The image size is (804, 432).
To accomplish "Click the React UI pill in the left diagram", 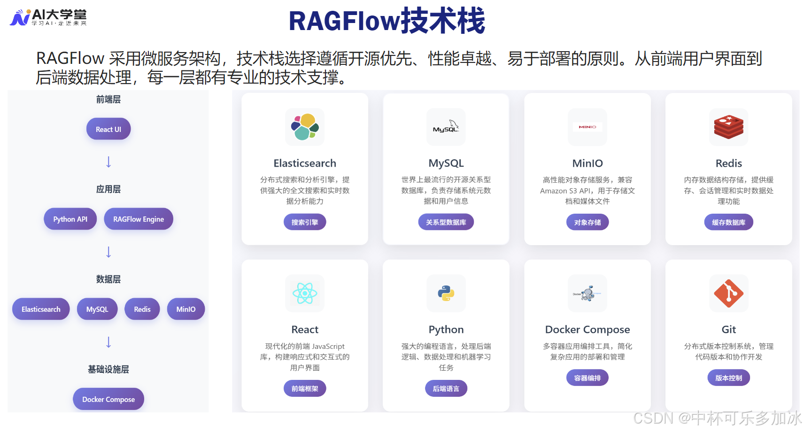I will (x=108, y=129).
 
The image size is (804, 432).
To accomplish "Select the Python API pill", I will (x=70, y=219).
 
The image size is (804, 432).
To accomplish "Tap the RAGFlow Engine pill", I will (x=139, y=219).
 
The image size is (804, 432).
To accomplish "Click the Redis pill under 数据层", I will (x=142, y=309).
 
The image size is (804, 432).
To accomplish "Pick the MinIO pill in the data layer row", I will (x=186, y=309).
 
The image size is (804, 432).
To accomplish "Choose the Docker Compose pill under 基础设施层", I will (x=108, y=400).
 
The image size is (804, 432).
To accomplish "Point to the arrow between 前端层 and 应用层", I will (x=108, y=162).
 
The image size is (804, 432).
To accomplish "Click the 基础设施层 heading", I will (x=108, y=370).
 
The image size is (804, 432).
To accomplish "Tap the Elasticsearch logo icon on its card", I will (x=305, y=127).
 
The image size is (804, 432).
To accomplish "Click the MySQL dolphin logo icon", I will (x=446, y=127).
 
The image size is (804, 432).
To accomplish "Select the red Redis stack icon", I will (x=728, y=127).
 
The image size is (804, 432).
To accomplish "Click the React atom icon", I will (x=305, y=293).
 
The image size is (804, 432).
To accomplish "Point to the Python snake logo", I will (x=446, y=293).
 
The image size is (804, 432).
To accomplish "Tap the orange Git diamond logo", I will (x=728, y=293).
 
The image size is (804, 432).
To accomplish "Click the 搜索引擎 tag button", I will (x=305, y=222).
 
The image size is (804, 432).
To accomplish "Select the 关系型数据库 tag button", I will (x=446, y=222).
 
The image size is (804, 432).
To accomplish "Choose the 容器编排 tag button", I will (x=588, y=378).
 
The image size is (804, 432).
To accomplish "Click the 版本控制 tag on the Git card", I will (x=728, y=378).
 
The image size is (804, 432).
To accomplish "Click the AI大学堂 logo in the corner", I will (x=48, y=17).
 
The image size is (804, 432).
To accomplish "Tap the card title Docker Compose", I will (x=588, y=330).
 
